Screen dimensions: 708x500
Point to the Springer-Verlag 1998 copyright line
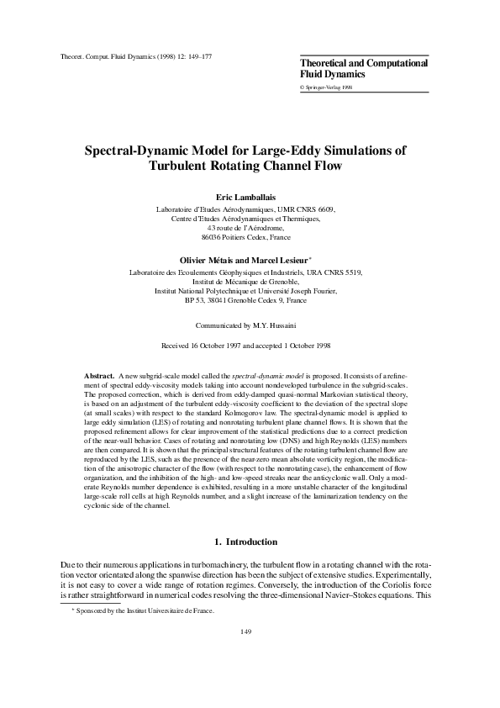click(x=327, y=87)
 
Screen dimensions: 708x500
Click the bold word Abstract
click(x=100, y=374)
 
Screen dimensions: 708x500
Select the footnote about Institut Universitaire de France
click(x=131, y=611)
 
